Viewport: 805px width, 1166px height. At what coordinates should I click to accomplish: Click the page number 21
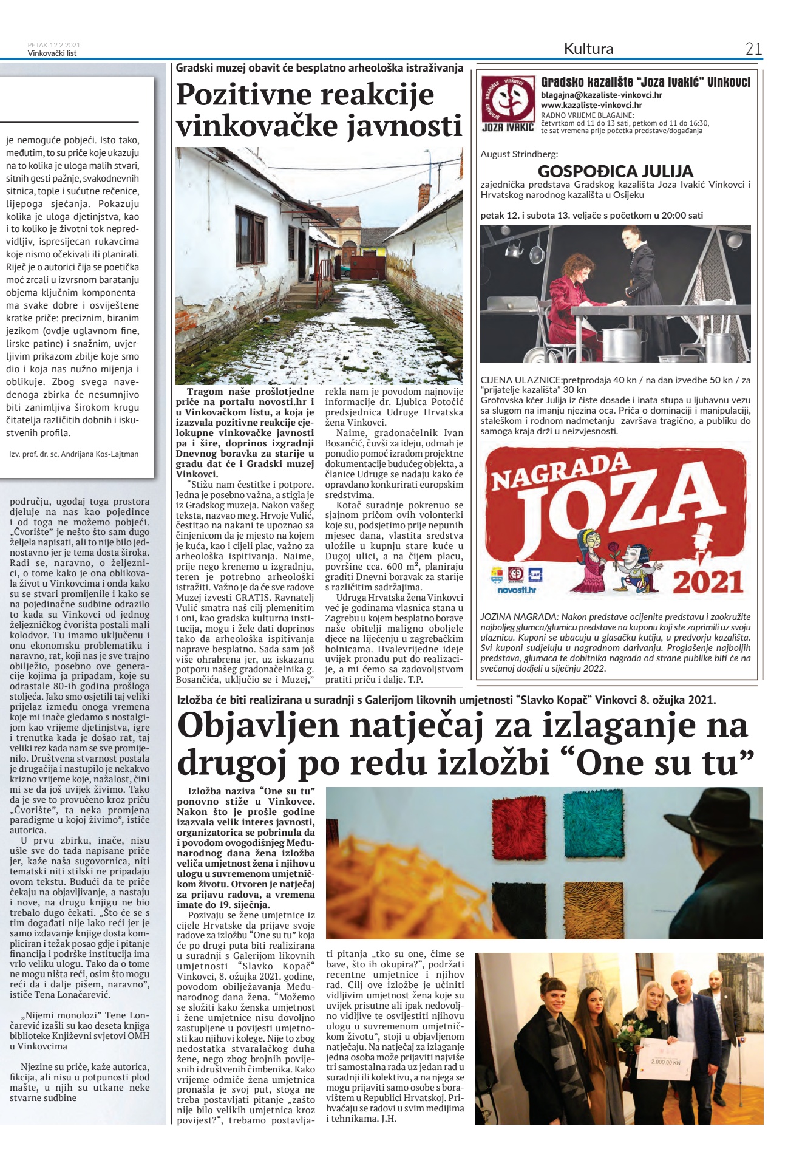click(753, 49)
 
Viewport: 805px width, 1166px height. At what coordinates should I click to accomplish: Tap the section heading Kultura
click(588, 49)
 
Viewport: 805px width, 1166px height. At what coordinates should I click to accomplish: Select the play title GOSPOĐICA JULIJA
click(615, 171)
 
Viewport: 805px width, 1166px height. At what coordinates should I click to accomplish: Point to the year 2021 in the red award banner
click(708, 582)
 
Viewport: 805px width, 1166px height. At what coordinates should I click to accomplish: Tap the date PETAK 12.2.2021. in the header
click(55, 45)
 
